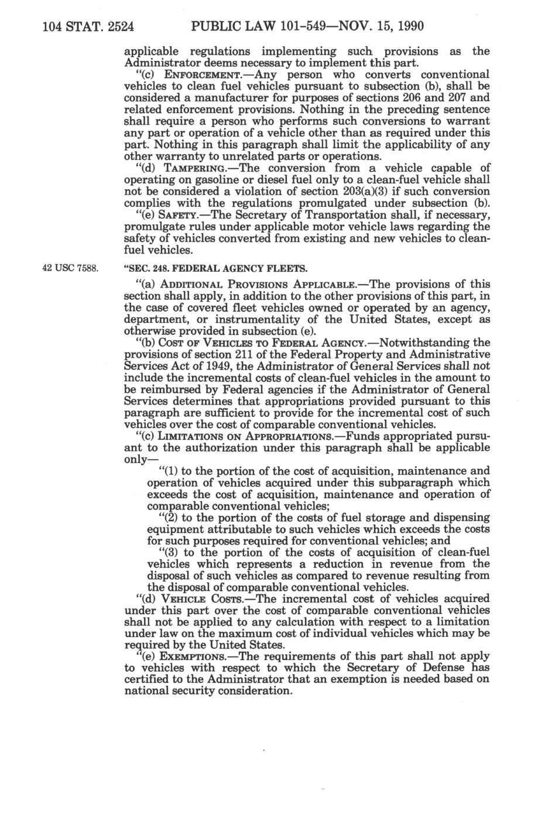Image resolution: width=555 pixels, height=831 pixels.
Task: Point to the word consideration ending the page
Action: (254, 691)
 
